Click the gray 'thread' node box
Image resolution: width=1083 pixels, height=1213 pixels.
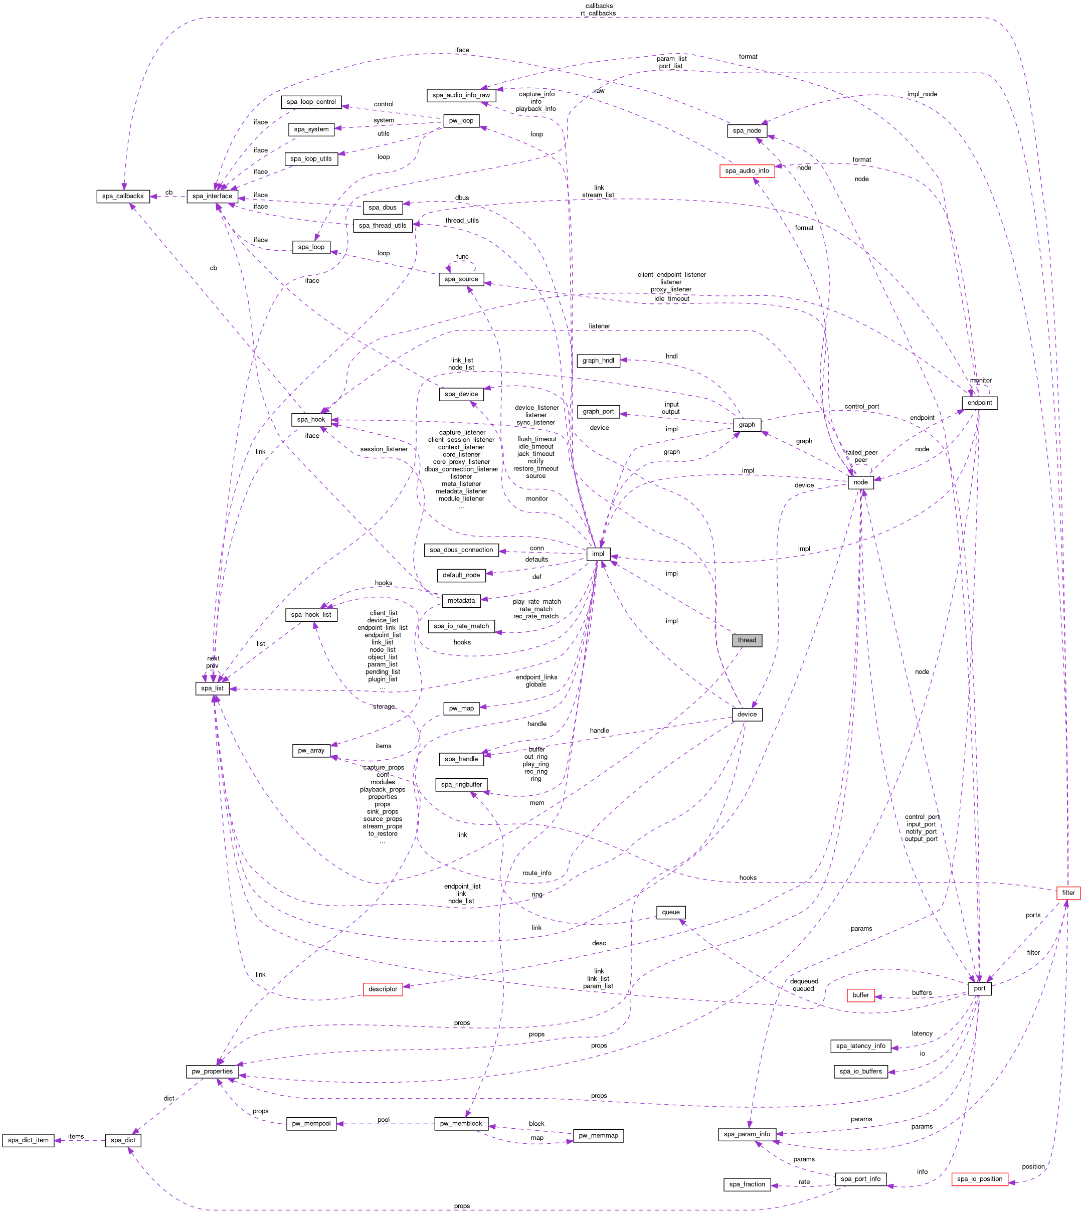pyautogui.click(x=747, y=640)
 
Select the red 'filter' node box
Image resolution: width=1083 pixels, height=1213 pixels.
pyautogui.click(x=1068, y=892)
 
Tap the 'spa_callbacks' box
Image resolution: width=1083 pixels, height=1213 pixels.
pyautogui.click(x=122, y=196)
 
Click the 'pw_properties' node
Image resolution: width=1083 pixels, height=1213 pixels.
pyautogui.click(x=213, y=1072)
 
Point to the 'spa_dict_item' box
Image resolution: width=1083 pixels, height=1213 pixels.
pyautogui.click(x=28, y=1140)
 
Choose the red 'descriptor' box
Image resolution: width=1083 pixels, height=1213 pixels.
pyautogui.click(x=383, y=989)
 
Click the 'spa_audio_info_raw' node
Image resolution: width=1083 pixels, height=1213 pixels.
pyautogui.click(x=461, y=95)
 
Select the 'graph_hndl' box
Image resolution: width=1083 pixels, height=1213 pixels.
pyautogui.click(x=598, y=360)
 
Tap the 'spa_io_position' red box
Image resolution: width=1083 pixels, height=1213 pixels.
pyautogui.click(x=979, y=1178)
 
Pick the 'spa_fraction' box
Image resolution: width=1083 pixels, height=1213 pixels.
pyautogui.click(x=747, y=1184)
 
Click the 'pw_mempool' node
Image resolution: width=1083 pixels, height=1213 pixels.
pyautogui.click(x=311, y=1124)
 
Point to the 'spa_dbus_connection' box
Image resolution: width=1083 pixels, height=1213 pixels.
pyautogui.click(x=461, y=550)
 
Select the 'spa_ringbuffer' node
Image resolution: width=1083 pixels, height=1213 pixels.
pyautogui.click(x=462, y=784)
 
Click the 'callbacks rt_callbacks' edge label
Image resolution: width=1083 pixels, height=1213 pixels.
pyautogui.click(x=599, y=10)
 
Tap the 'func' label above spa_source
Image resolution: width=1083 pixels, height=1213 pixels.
pyautogui.click(x=462, y=257)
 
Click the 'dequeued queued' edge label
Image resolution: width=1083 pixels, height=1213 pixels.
pyautogui.click(x=804, y=985)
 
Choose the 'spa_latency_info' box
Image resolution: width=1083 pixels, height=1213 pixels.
pyautogui.click(x=860, y=1046)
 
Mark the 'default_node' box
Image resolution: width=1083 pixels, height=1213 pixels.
pyautogui.click(x=461, y=575)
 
